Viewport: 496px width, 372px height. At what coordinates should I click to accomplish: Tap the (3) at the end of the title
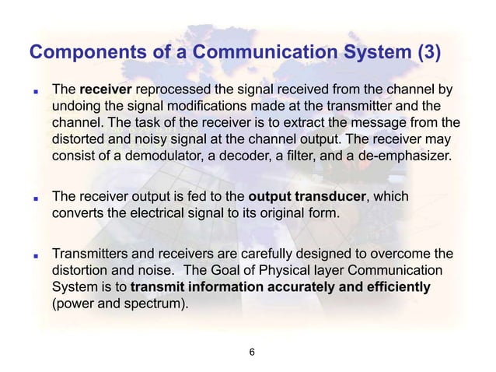click(429, 53)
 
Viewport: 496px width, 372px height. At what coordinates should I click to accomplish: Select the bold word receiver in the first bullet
click(103, 89)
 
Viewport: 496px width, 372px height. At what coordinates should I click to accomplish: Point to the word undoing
click(76, 105)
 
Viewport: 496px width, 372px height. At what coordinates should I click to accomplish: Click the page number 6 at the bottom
click(250, 352)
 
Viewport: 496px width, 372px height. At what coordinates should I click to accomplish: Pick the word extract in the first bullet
click(299, 123)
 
